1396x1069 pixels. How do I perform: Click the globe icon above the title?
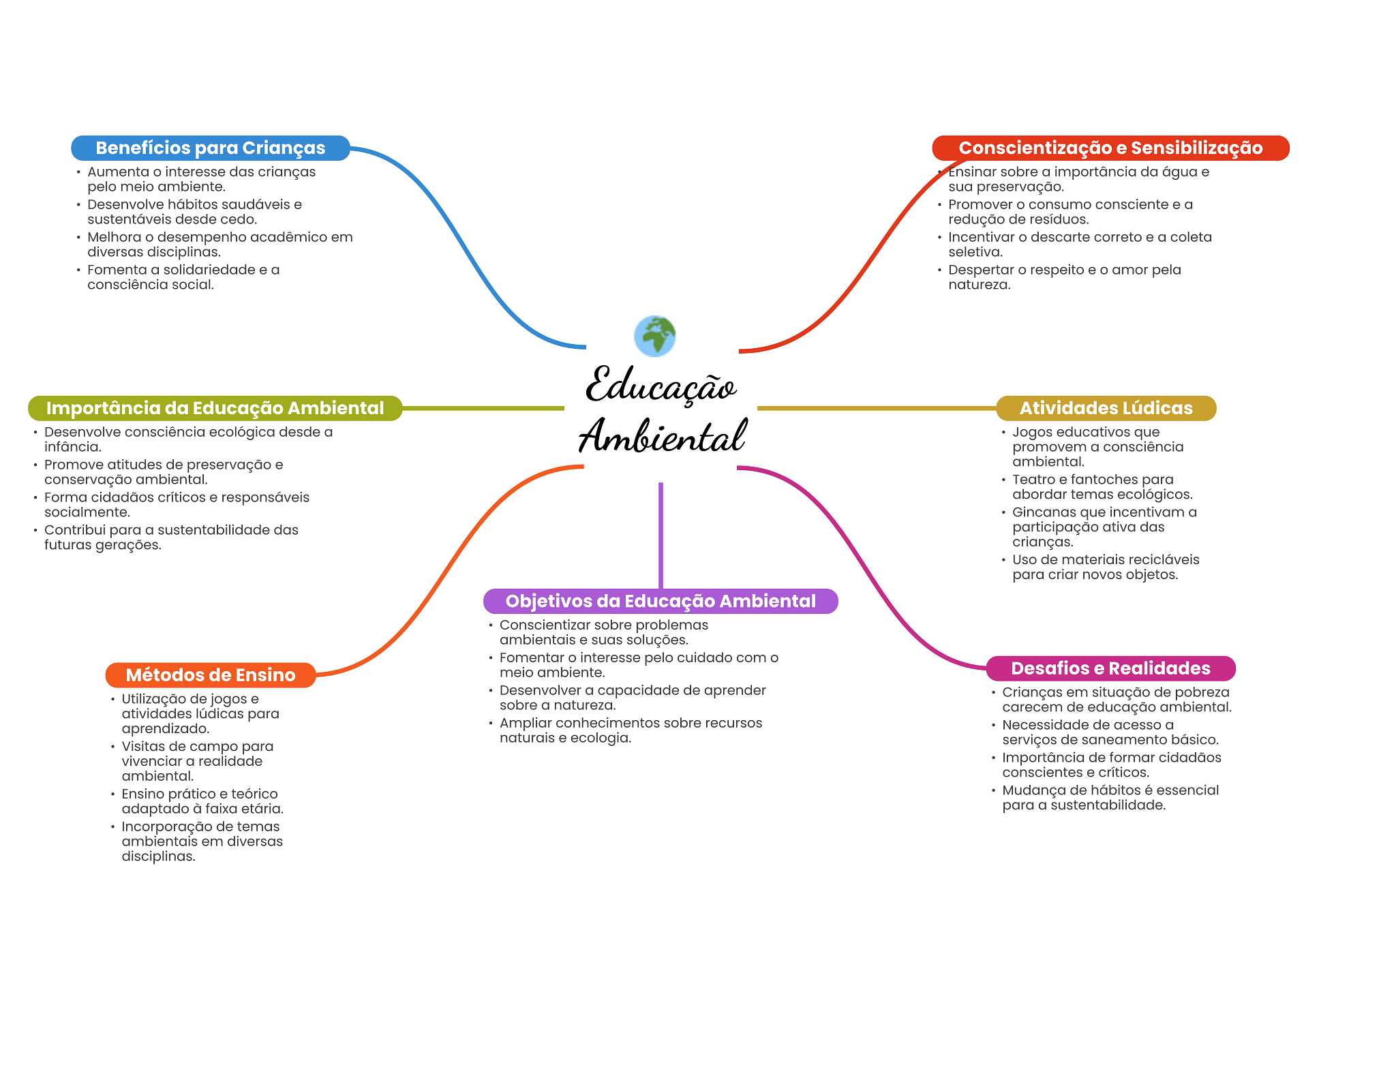coord(654,336)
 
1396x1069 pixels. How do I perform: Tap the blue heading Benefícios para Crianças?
coord(210,148)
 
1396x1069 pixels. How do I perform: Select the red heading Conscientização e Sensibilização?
coord(1110,148)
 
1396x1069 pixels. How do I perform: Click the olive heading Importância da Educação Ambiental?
coord(215,408)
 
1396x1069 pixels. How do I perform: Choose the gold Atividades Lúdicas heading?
coord(1106,408)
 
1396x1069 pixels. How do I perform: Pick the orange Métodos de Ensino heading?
coord(210,675)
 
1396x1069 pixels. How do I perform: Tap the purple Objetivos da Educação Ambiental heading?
coord(660,601)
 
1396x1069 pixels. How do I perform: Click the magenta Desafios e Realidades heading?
coord(1110,668)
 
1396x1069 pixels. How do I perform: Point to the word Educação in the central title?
coord(660,386)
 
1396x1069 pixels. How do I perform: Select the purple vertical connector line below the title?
coord(661,535)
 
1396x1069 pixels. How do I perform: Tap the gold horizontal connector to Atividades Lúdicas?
coord(876,408)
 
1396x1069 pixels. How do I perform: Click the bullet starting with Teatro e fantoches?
coord(1102,487)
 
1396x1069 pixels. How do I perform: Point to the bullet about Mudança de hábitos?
coord(1110,798)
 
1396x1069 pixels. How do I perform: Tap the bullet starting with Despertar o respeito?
coord(1063,277)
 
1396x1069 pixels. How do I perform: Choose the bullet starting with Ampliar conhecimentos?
coord(630,730)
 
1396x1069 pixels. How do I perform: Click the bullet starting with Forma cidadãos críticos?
coord(176,505)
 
